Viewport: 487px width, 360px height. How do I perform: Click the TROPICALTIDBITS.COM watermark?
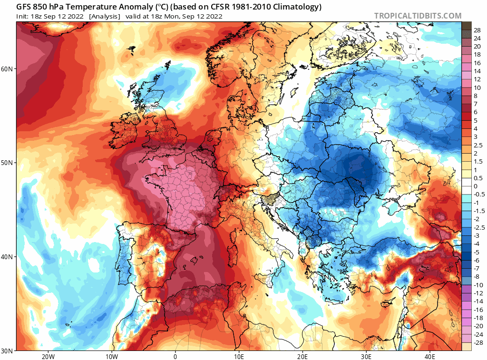pos(418,16)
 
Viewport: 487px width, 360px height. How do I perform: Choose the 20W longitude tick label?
pos(48,356)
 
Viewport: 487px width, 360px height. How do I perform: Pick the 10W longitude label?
pos(111,356)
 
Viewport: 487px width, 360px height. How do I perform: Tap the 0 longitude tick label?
pos(175,356)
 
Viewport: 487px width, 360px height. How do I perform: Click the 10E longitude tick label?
pos(239,356)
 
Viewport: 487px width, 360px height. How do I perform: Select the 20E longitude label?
pos(302,356)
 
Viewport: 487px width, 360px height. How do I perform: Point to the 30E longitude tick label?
pos(366,356)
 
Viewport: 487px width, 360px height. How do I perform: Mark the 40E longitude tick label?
pos(430,356)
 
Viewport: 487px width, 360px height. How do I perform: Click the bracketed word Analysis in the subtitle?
pos(105,16)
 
